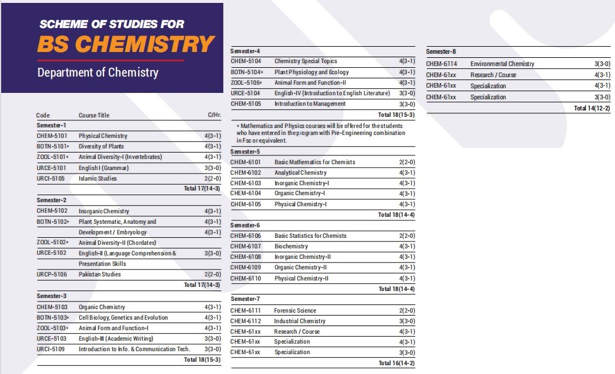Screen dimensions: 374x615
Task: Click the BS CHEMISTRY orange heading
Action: [x=126, y=44]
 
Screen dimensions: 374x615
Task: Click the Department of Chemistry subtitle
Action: [x=98, y=72]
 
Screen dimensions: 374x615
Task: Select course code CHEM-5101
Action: [x=52, y=136]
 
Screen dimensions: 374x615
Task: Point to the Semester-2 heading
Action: [x=51, y=200]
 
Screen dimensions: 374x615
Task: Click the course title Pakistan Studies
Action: [x=100, y=274]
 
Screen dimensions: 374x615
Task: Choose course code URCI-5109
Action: [x=51, y=349]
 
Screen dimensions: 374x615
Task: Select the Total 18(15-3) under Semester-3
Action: [x=202, y=359]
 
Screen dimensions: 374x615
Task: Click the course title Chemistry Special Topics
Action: [x=306, y=61]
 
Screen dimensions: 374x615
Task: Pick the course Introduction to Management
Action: [x=310, y=103]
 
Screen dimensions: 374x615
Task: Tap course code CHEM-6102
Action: [x=246, y=172]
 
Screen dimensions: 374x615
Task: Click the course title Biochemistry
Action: [x=291, y=246]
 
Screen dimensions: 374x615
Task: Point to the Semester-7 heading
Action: [x=246, y=299]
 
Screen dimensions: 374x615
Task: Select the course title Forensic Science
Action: [x=295, y=310]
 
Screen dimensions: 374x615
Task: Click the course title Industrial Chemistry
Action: [x=300, y=321]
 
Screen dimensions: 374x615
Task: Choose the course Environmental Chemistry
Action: [x=502, y=64]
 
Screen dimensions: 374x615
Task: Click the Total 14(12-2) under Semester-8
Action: [x=592, y=108]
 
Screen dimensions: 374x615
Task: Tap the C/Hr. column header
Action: [x=214, y=115]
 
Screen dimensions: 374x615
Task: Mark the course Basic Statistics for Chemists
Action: [x=310, y=236]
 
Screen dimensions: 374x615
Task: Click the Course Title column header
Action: [x=94, y=115]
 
